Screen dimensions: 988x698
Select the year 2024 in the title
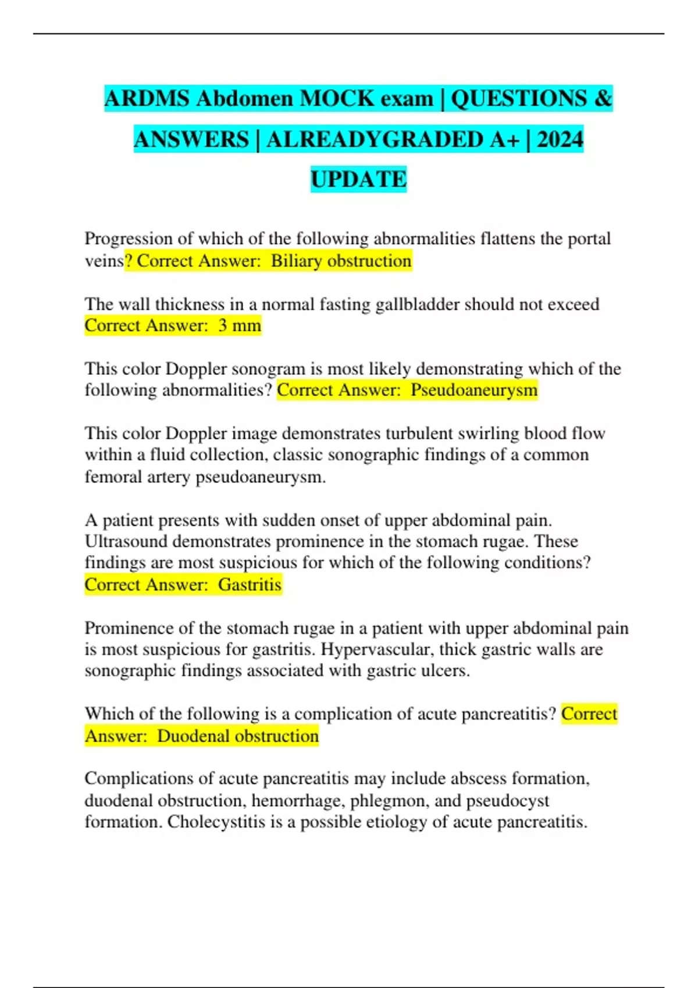[560, 139]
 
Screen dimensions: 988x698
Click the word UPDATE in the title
[358, 179]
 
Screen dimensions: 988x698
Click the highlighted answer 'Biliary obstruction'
[341, 261]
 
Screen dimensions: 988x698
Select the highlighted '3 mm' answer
[240, 325]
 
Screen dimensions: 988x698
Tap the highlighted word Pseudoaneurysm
[473, 390]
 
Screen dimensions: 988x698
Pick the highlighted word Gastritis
[250, 585]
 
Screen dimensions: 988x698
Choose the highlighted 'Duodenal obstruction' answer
[238, 736]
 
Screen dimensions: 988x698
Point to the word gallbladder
[417, 305]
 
